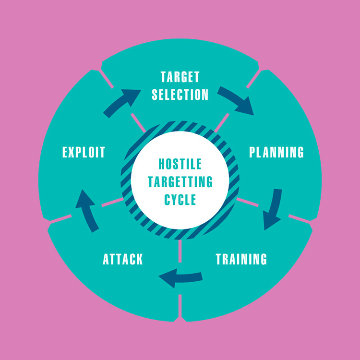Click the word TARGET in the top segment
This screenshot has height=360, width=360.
[x=180, y=77]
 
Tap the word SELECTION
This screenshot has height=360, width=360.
[x=180, y=95]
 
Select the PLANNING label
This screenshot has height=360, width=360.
[x=276, y=152]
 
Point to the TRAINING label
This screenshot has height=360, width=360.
[x=241, y=259]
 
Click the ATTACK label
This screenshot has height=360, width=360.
[x=123, y=259]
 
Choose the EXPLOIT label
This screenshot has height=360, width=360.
[x=84, y=152]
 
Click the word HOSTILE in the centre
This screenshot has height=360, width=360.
[x=180, y=164]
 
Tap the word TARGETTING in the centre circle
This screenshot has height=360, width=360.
[x=180, y=182]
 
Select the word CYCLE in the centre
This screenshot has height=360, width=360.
[x=180, y=200]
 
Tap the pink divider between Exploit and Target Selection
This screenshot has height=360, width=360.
[x=122, y=101]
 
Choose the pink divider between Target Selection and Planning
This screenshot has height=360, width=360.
[x=238, y=101]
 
